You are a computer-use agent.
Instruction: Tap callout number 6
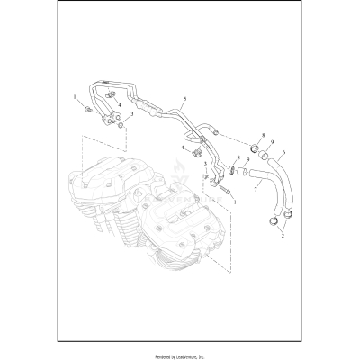(x=283, y=153)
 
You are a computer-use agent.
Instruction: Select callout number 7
(x=255, y=190)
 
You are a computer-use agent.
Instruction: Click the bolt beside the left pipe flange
(x=89, y=109)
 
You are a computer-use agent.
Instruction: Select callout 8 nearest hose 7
(x=238, y=157)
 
